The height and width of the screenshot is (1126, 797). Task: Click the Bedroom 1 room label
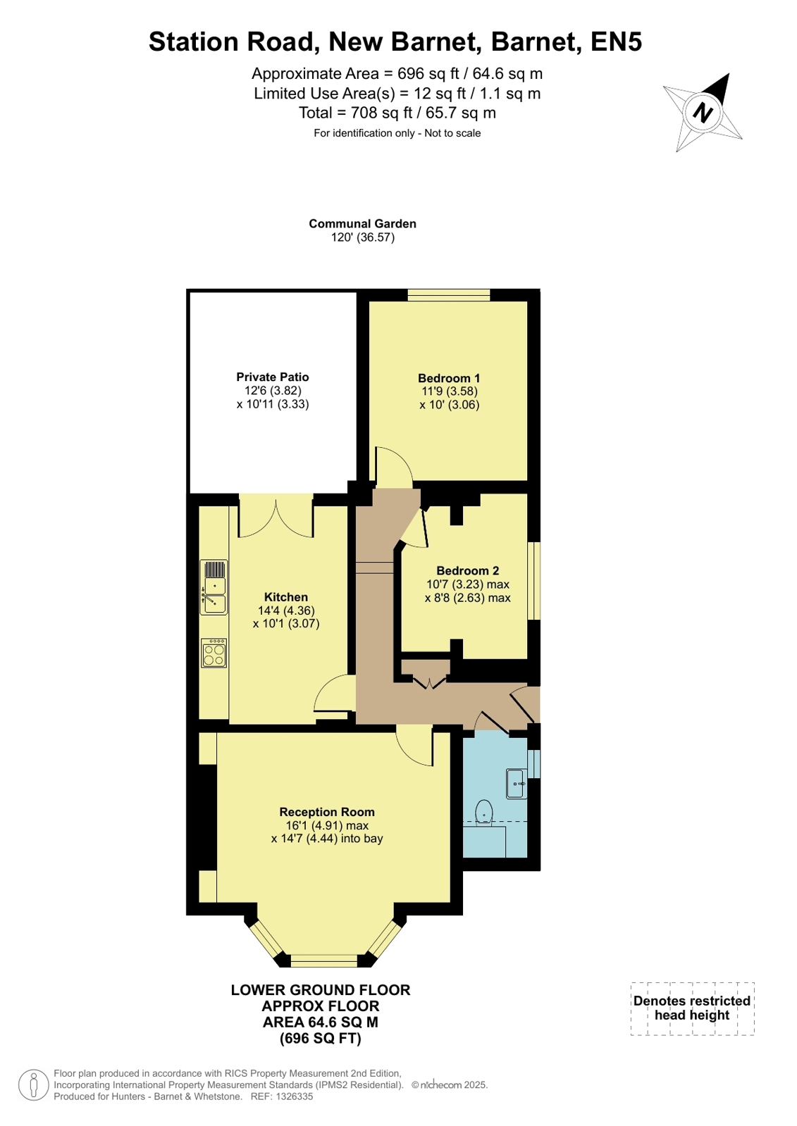click(x=449, y=378)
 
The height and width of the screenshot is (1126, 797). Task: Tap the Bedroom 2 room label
click(x=467, y=570)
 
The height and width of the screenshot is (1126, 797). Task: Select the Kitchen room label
click(x=286, y=596)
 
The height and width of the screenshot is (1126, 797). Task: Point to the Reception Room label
click(x=326, y=811)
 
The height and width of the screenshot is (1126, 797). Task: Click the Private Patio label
click(x=272, y=377)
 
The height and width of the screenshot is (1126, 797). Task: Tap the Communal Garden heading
click(x=362, y=224)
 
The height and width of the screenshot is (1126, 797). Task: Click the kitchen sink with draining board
click(x=214, y=587)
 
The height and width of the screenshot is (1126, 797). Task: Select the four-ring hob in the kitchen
click(x=214, y=653)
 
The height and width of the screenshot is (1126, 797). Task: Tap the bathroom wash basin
click(x=517, y=783)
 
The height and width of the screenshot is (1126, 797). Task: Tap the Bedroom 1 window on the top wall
click(x=448, y=295)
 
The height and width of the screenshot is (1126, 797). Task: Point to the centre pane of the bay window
click(x=325, y=961)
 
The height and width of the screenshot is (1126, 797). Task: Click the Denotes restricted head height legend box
click(x=692, y=1008)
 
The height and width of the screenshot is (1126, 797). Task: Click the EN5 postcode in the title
click(x=616, y=42)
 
